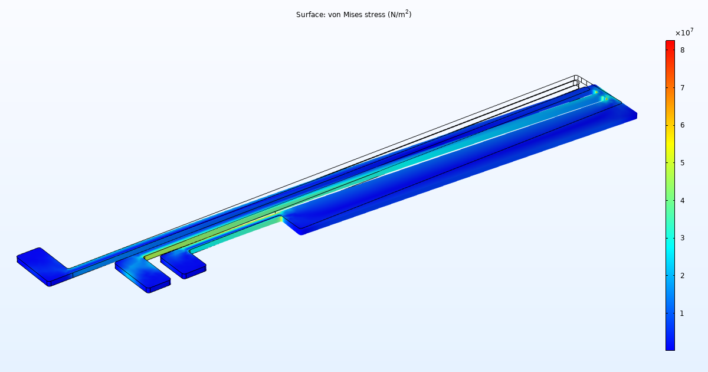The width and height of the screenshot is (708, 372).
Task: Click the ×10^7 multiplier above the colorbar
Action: [x=684, y=32]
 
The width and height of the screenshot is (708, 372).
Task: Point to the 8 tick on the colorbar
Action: [x=681, y=50]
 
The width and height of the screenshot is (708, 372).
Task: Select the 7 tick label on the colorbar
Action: [x=681, y=88]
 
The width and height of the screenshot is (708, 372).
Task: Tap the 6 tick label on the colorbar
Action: [x=681, y=125]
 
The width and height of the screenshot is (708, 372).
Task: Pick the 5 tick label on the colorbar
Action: [x=681, y=163]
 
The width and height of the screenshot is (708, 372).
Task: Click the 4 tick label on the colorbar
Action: [x=681, y=200]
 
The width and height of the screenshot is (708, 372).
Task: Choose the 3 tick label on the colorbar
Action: [x=681, y=238]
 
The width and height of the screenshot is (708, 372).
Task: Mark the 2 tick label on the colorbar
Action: [x=681, y=276]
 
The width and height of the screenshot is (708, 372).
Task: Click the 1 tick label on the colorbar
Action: [x=681, y=313]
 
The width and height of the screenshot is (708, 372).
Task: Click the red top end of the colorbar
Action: [x=670, y=44]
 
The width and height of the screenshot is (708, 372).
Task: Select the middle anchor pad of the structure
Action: [x=142, y=274]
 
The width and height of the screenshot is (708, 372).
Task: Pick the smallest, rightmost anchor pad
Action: [x=183, y=264]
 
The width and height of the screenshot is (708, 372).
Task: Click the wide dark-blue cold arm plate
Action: [x=460, y=171]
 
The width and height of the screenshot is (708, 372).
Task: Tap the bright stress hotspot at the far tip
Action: [x=596, y=92]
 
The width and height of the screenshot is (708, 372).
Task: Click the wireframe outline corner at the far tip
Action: [x=576, y=77]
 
